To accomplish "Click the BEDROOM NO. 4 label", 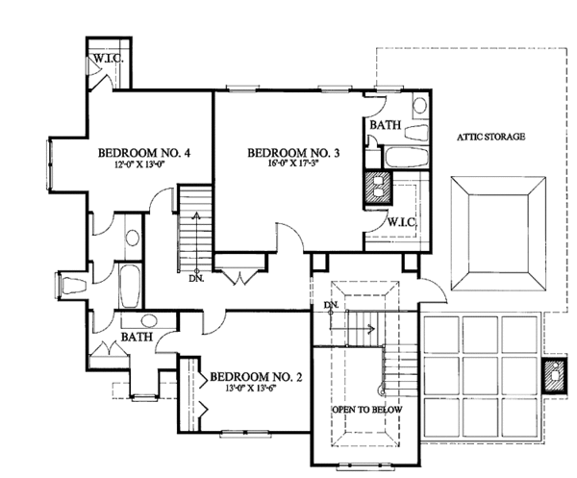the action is pyautogui.click(x=144, y=153).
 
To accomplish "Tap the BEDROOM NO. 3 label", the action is pyautogui.click(x=293, y=153).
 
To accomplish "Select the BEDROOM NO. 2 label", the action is pyautogui.click(x=256, y=377).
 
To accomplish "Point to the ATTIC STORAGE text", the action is pyautogui.click(x=490, y=137).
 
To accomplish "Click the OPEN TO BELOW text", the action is pyautogui.click(x=367, y=410).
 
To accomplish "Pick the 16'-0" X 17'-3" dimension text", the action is pyautogui.click(x=293, y=164).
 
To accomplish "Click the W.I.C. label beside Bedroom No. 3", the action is pyautogui.click(x=402, y=222).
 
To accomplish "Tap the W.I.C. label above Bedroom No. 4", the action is pyautogui.click(x=108, y=58).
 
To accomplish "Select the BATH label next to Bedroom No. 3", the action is pyautogui.click(x=386, y=125).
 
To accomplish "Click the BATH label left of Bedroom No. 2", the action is pyautogui.click(x=137, y=337).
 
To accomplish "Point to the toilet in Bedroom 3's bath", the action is pyautogui.click(x=416, y=133).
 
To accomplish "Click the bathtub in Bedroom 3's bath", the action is pyautogui.click(x=407, y=157).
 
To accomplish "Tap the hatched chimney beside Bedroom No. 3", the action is pyautogui.click(x=378, y=188).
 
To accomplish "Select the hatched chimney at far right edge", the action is pyautogui.click(x=554, y=376).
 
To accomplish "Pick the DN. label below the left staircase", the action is pyautogui.click(x=196, y=279).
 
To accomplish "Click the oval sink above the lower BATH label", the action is pyautogui.click(x=148, y=320).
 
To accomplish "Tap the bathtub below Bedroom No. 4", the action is pyautogui.click(x=130, y=286).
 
